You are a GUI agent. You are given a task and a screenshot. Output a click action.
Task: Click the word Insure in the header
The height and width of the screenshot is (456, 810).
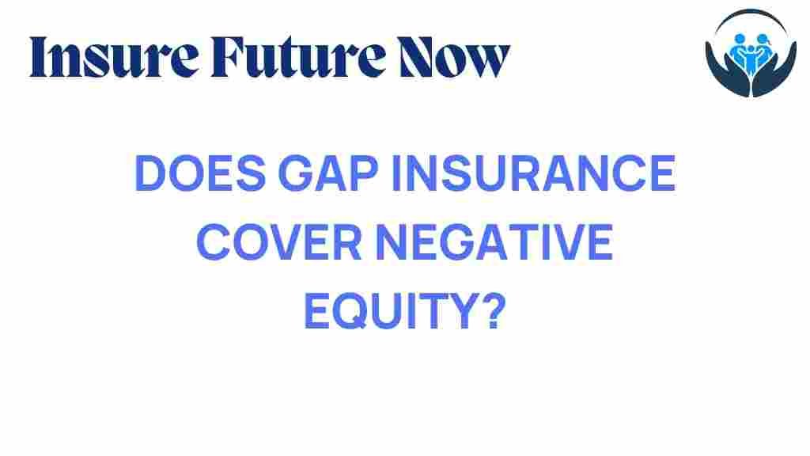pos(114,57)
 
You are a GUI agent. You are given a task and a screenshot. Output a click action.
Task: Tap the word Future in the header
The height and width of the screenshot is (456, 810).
pos(298,57)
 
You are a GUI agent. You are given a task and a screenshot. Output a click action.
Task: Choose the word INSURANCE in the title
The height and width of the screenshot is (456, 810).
pos(534,173)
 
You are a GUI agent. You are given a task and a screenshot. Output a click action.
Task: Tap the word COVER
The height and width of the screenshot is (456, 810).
pos(279,242)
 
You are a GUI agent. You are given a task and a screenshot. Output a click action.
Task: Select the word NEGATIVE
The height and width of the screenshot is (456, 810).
pos(494,242)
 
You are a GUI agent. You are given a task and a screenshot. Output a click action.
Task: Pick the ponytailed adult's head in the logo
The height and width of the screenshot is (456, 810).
pos(763,38)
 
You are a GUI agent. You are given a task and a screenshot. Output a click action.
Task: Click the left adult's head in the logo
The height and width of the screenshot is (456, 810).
pos(740,38)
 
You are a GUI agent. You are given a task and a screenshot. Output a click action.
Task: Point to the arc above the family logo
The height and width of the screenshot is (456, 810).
pos(751,12)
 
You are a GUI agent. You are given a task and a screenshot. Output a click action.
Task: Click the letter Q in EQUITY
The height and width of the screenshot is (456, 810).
pos(351,312)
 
